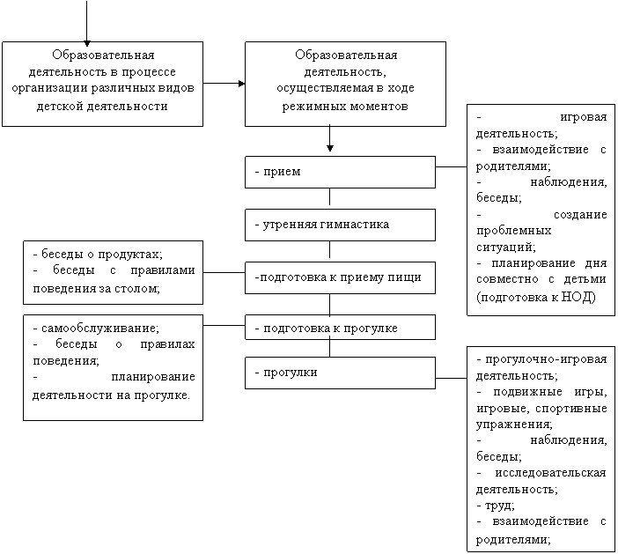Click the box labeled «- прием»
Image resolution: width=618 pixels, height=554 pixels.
tap(340, 172)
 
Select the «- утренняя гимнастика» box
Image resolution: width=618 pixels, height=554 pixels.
tap(340, 225)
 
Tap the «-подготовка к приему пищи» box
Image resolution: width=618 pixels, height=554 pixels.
tap(340, 277)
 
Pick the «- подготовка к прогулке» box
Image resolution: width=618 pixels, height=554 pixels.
tap(340, 328)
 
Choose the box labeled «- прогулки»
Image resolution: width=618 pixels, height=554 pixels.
tap(340, 373)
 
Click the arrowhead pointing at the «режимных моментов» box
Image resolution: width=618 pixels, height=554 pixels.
tap(241, 84)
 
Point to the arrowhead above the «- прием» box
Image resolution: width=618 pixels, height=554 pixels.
tap(330, 148)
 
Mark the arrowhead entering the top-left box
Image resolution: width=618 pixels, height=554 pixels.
tap(86, 43)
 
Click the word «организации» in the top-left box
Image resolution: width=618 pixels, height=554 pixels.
tap(49, 88)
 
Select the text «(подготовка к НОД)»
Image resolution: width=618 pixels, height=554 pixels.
tap(536, 297)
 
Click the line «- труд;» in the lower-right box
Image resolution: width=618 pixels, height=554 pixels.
tap(496, 506)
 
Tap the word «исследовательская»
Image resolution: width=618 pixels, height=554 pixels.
tap(550, 473)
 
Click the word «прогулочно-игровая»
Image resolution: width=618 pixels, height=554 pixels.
tap(546, 359)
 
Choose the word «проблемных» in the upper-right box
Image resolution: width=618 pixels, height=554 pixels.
tap(513, 231)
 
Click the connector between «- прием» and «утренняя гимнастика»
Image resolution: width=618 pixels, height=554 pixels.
tap(330, 196)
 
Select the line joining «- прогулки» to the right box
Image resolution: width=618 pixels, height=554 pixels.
tap(452, 378)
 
